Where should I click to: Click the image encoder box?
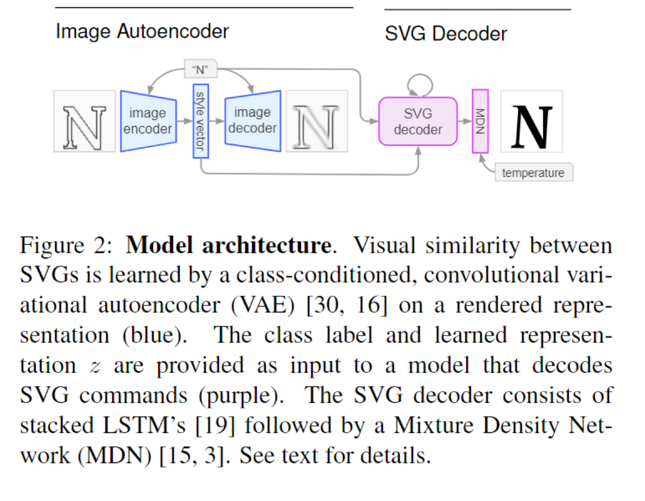(x=148, y=121)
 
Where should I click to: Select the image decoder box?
(x=253, y=121)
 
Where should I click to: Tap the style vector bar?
(x=201, y=121)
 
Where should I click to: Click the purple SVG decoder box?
(x=418, y=121)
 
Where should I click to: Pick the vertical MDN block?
(x=480, y=121)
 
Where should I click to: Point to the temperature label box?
(x=533, y=172)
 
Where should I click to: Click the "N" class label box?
(x=200, y=69)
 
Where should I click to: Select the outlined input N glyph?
(x=84, y=128)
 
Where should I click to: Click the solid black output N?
(x=532, y=127)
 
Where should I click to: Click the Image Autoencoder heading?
(x=142, y=31)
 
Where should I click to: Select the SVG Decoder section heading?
(x=445, y=33)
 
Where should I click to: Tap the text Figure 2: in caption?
(x=66, y=245)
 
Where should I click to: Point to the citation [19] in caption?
(x=215, y=425)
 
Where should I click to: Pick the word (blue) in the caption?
(x=155, y=335)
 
